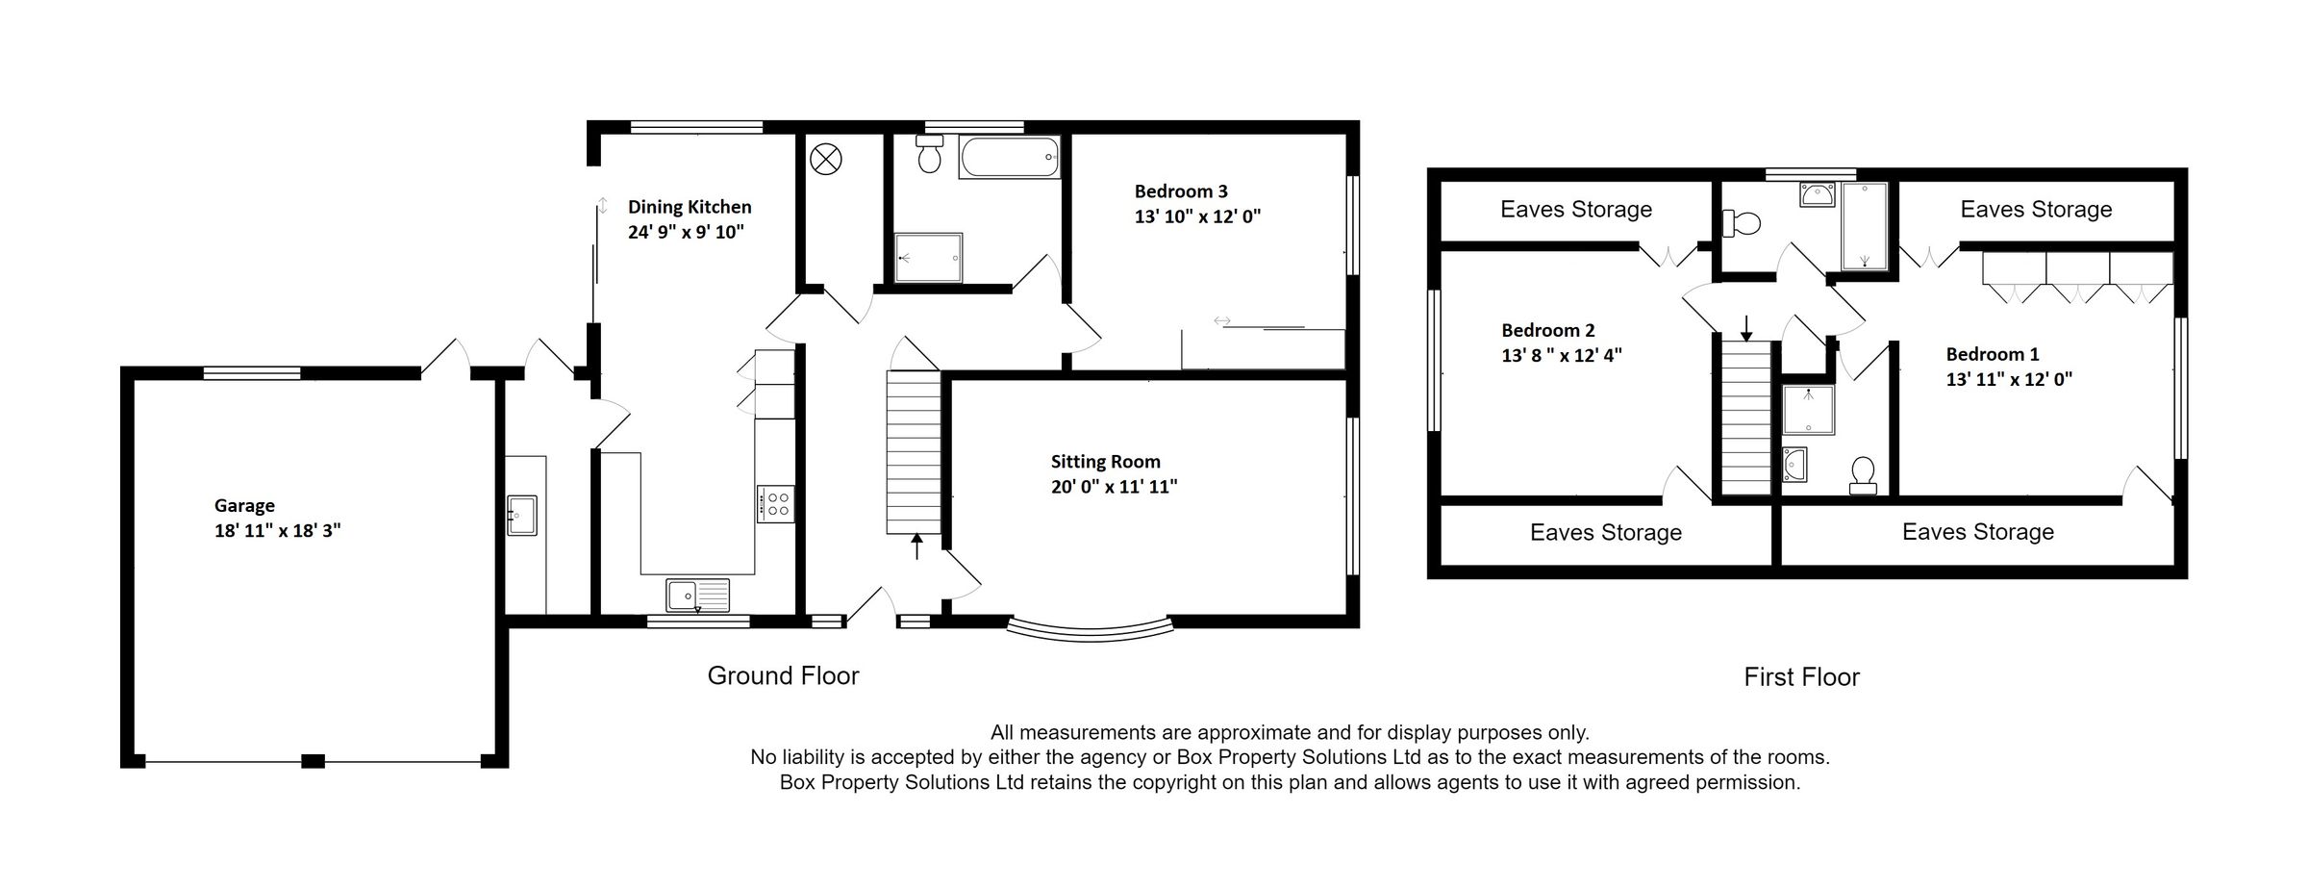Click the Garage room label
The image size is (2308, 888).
point(244,505)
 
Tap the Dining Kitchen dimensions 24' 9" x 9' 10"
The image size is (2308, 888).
point(686,232)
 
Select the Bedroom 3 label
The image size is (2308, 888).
point(1180,191)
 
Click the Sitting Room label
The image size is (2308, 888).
point(1105,462)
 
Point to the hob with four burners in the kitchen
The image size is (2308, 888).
point(775,503)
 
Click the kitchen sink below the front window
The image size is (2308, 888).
point(698,595)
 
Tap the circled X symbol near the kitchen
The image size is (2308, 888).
point(825,159)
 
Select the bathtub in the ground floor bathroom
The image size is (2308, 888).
point(1009,157)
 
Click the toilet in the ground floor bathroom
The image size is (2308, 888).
point(929,155)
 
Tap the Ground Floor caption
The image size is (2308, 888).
point(783,675)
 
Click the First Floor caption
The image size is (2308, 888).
point(1801,677)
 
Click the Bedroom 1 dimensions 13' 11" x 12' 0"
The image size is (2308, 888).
point(2008,379)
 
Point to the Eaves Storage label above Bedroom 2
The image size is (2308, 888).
point(1575,210)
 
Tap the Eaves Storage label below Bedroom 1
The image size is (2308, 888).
point(1977,532)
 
